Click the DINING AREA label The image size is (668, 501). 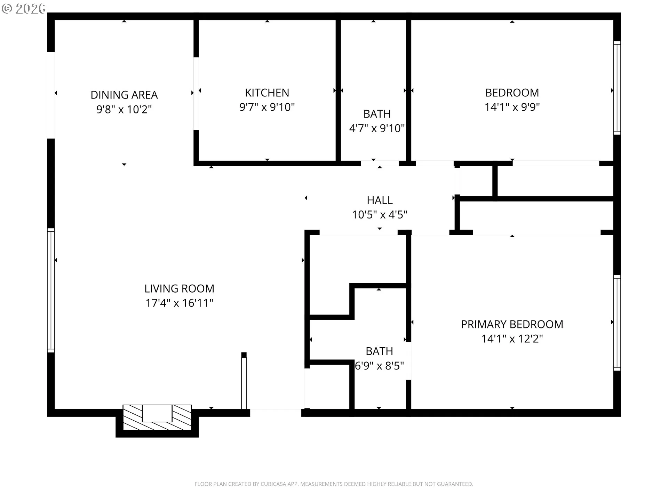124,95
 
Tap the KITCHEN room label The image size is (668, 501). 267,93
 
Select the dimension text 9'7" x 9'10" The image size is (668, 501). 267,107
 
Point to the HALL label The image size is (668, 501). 380,200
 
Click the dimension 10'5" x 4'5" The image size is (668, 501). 380,215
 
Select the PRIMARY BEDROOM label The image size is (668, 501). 512,324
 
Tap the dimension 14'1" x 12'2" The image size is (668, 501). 512,339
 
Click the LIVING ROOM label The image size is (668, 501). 179,288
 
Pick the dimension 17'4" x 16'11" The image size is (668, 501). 179,303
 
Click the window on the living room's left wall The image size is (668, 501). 51,290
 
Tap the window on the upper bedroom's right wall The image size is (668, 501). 617,88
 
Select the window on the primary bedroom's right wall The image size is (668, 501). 617,322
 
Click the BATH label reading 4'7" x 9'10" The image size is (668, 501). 377,114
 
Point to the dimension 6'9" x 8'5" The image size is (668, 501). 379,366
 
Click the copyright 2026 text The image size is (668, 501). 24,8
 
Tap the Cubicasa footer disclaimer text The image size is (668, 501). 334,484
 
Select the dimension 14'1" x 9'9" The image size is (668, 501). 512,107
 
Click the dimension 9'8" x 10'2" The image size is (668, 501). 124,109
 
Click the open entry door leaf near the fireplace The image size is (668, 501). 244,381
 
